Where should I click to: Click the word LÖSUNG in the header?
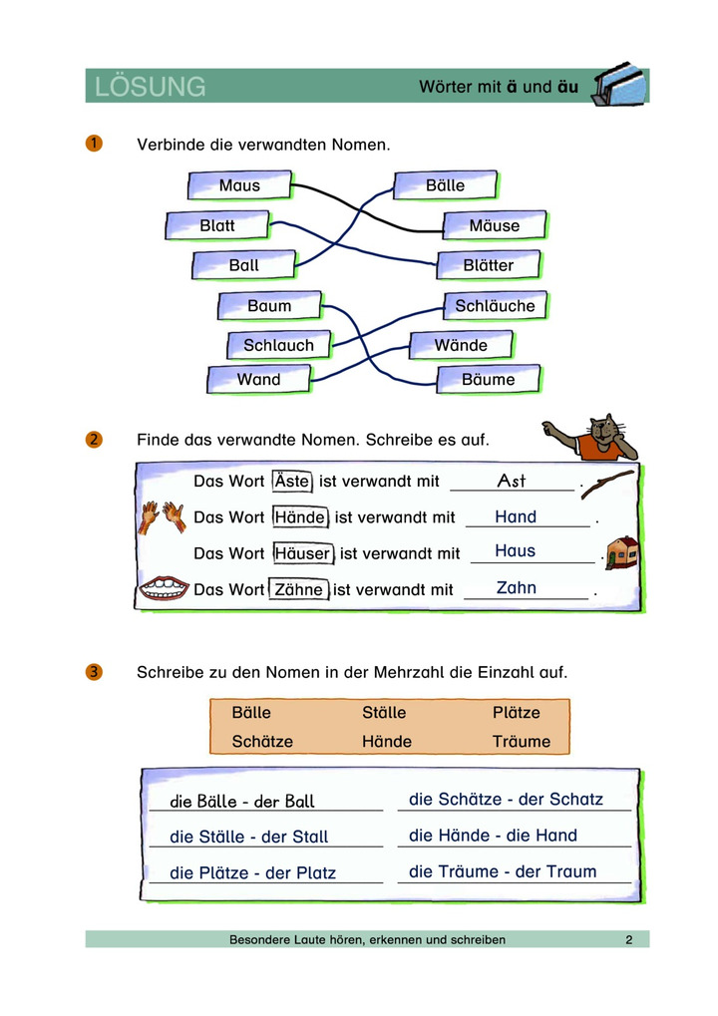click(151, 87)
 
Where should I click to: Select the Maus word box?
click(239, 185)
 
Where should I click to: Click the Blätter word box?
click(489, 265)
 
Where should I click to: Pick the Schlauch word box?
click(278, 345)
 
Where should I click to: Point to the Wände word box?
click(461, 345)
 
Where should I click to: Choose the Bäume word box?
click(489, 379)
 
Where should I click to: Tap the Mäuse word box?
click(495, 225)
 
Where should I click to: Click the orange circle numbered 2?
click(94, 439)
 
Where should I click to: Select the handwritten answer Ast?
click(511, 482)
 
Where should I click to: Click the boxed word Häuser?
click(302, 553)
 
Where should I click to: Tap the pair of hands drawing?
click(162, 516)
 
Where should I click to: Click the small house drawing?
click(622, 551)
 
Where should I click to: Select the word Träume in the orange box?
click(521, 742)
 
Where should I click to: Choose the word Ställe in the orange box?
click(384, 713)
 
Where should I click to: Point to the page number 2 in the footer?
click(629, 939)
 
